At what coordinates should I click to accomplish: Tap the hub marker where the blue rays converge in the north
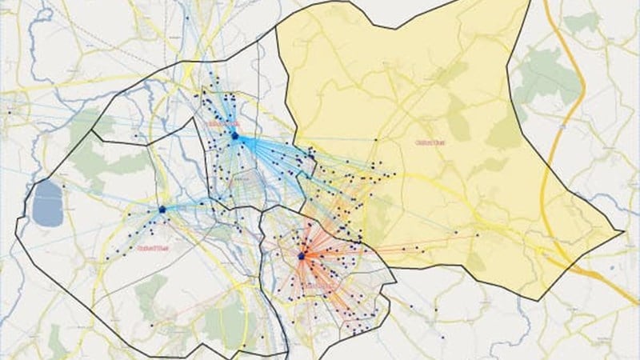235,137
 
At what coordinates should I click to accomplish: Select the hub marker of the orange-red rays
302,256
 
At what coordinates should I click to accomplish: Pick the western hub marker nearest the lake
162,210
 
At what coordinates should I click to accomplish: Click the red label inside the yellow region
430,142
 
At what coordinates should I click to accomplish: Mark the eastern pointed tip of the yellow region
623,232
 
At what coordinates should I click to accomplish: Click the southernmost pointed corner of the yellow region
527,299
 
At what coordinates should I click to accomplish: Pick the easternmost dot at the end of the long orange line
478,235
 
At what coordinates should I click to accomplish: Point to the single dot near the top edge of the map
186,16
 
